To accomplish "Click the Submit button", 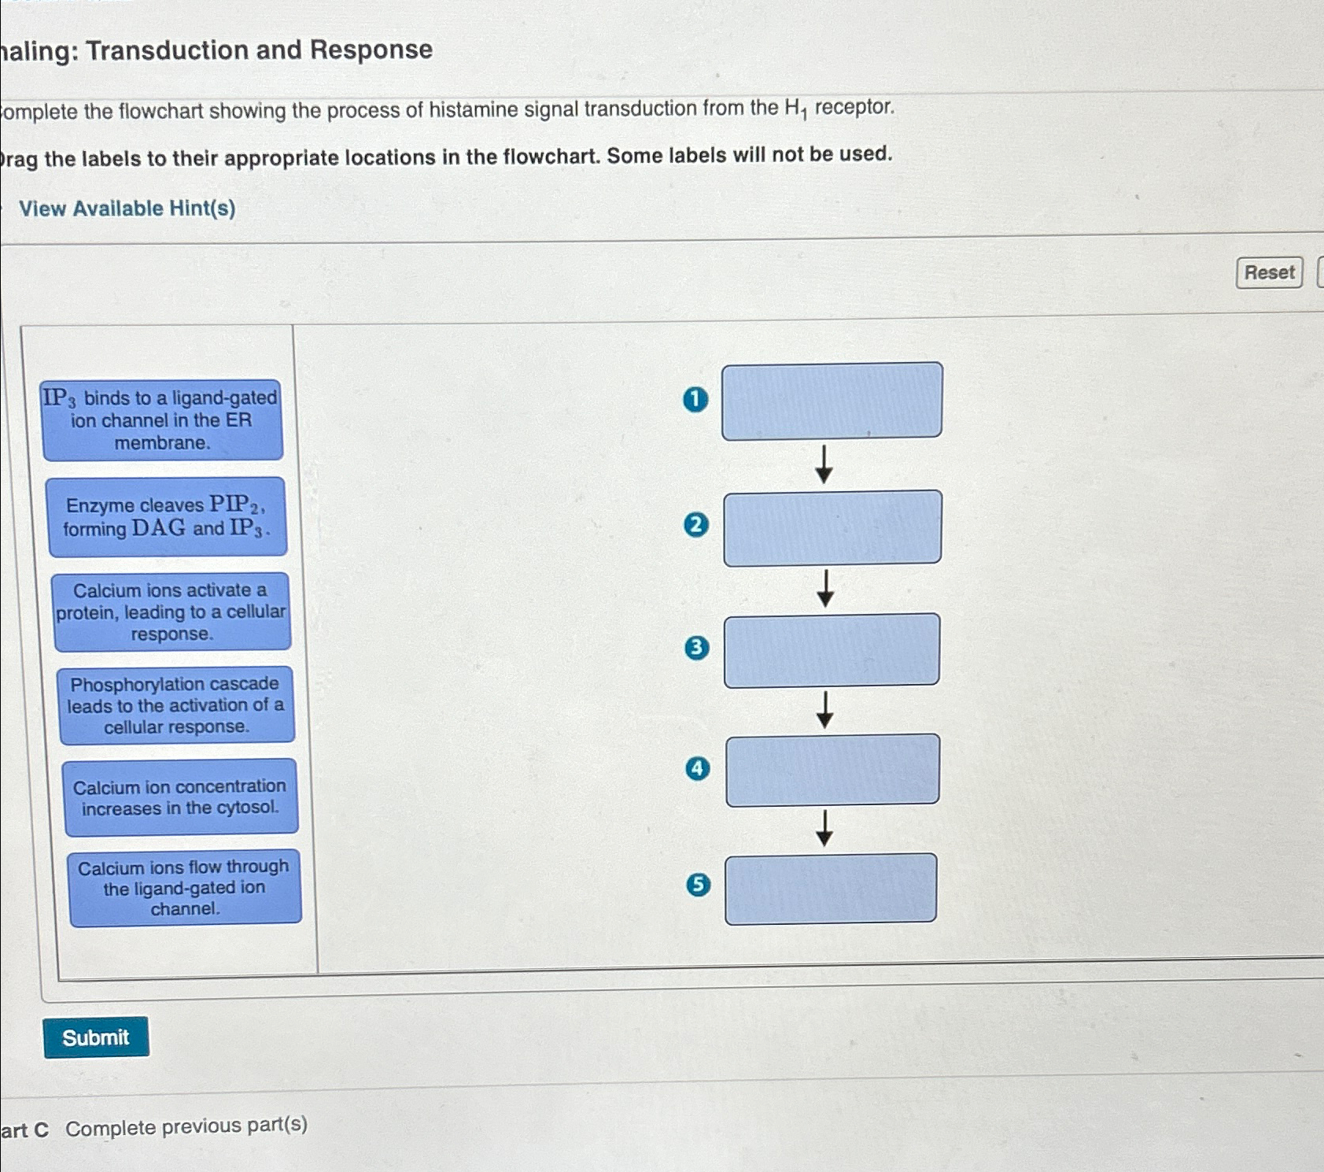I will coord(96,1037).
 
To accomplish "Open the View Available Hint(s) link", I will coord(127,209).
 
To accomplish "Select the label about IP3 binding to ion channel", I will coord(162,420).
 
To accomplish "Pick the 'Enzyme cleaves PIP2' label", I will coord(166,517).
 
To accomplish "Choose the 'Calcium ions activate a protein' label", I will coord(171,612).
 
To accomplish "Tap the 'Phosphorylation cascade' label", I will coord(176,705).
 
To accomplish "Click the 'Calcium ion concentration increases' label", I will coord(180,797).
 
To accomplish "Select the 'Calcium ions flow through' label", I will coord(185,888).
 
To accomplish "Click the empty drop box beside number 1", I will coord(832,401).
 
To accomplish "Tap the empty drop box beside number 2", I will coord(832,527).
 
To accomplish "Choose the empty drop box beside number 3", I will coord(832,650).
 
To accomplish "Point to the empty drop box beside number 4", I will coord(832,770).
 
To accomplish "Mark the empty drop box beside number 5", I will coord(831,889).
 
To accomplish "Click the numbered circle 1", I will coord(695,400).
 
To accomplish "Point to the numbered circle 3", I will coord(696,648).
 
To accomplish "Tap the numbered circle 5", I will coord(698,885).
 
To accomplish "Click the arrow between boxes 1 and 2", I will coord(824,464).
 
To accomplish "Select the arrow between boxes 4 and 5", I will coord(824,828).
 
